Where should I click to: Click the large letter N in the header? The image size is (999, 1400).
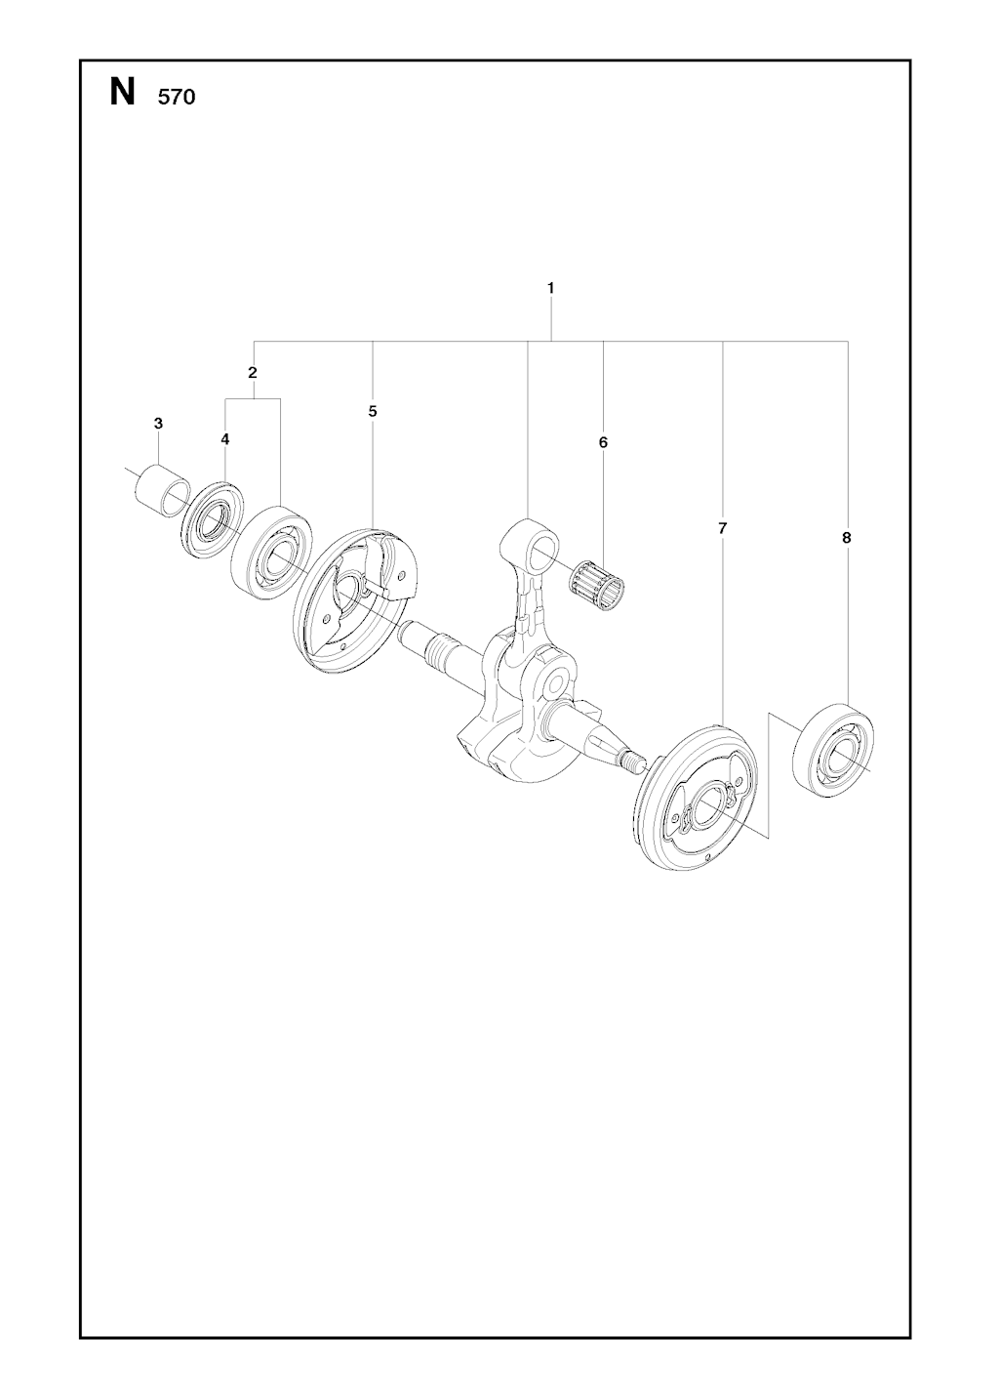[x=122, y=93]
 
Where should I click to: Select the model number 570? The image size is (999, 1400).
[x=177, y=98]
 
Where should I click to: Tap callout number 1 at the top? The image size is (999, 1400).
[x=550, y=288]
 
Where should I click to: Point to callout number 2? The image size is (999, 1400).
[x=253, y=373]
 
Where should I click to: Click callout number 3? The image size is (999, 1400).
[x=158, y=423]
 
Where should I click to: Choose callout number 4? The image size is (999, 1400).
[x=224, y=439]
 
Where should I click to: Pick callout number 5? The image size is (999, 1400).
[x=373, y=411]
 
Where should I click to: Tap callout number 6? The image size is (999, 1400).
[x=603, y=442]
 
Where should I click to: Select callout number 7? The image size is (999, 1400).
[x=722, y=528]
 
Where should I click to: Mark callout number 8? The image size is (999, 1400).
[x=847, y=538]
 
